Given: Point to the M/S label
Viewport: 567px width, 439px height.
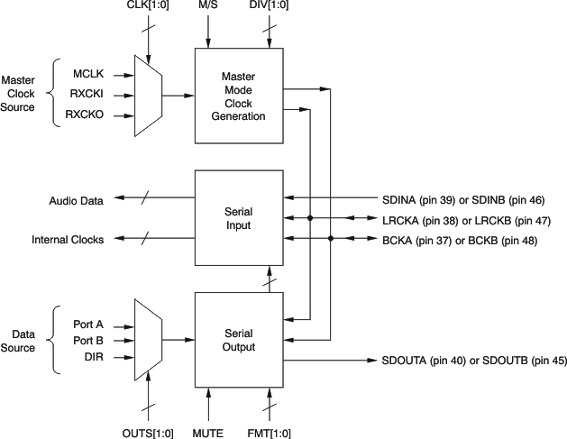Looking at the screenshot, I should (208, 8).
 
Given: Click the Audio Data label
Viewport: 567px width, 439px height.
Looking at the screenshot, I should (76, 199).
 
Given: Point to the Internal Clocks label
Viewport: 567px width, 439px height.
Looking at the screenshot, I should (68, 240).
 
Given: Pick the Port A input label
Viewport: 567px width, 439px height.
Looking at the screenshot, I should (88, 323).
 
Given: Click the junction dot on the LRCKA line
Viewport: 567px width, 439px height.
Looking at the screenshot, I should (310, 219).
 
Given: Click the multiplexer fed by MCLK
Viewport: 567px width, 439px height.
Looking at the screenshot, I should (148, 94).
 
